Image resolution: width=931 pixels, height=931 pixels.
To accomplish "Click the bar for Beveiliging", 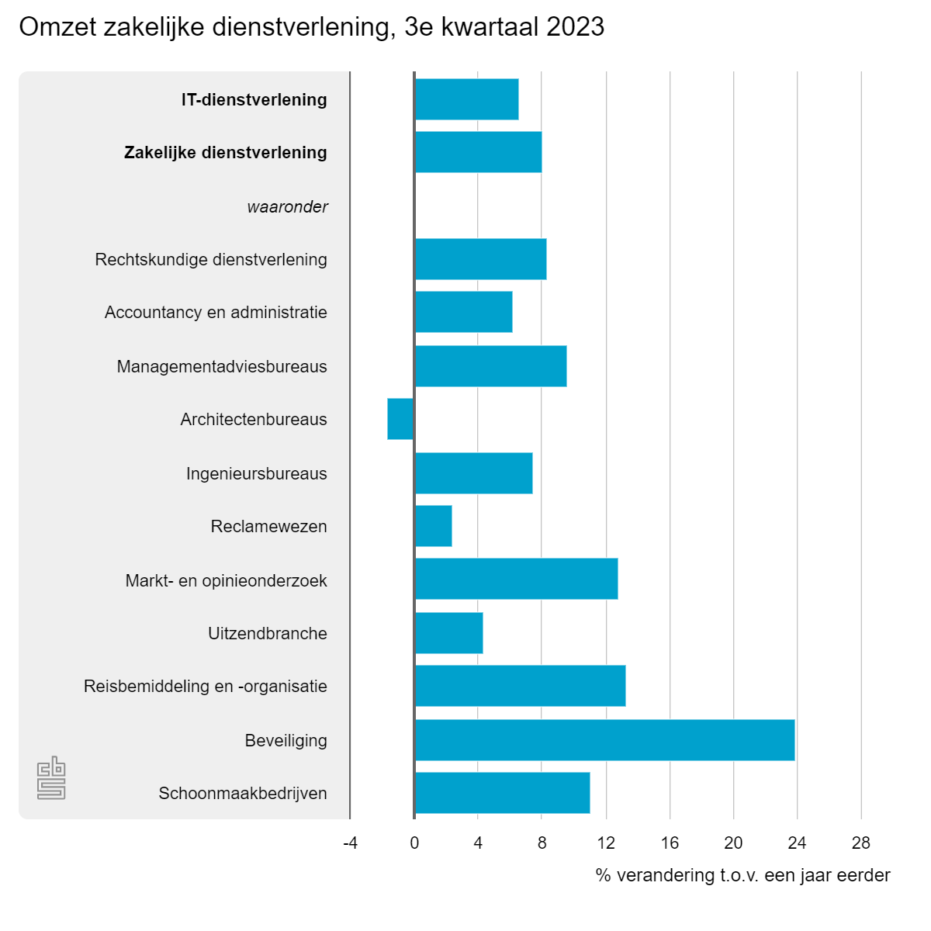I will point(604,740).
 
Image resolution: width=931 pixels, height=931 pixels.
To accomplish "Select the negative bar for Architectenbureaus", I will point(400,419).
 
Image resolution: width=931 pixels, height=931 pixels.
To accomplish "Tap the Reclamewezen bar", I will point(433,526).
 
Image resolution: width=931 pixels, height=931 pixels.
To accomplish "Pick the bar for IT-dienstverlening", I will point(466,99).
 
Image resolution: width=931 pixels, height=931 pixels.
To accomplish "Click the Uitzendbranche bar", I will point(448,633).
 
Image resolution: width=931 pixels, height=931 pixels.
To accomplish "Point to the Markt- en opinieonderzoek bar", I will point(516,579).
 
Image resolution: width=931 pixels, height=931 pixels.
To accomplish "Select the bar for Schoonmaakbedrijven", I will point(502,793).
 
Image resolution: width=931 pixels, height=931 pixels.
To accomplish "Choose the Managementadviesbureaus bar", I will point(490,366).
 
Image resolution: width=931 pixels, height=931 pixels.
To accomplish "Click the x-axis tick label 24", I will point(797,843).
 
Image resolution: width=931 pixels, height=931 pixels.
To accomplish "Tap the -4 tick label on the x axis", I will point(350,843).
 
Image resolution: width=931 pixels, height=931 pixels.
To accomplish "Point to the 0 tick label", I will point(414,843).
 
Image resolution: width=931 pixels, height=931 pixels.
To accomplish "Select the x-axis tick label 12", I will point(606,843).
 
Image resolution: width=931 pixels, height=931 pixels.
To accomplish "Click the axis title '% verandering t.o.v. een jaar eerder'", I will point(742,875).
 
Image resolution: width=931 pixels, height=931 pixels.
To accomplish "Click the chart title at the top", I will point(311,27).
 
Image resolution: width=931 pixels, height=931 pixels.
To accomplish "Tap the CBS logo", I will point(51,777).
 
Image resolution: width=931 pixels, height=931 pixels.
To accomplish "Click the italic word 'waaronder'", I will point(287,207).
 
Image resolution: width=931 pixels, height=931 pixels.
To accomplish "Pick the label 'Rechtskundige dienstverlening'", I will point(211,259).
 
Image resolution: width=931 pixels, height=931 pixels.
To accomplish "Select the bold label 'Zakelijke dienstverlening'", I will point(225,152).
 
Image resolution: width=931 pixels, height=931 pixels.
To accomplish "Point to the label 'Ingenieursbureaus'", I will point(256,473).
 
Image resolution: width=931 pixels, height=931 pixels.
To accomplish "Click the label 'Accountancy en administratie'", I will point(216,312).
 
